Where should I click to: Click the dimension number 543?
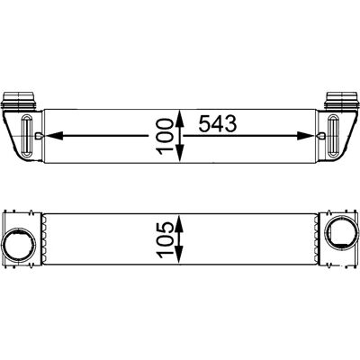pos(218,124)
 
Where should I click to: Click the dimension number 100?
pos(165,137)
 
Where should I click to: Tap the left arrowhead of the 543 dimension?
pos(54,136)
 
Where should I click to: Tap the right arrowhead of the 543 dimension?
pos(305,136)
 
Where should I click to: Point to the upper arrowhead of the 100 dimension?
pos(179,118)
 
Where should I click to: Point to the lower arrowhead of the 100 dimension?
pos(179,155)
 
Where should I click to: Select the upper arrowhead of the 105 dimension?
pos(179,222)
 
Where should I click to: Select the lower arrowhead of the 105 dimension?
pos(179,256)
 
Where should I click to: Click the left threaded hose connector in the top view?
pos(19,101)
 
